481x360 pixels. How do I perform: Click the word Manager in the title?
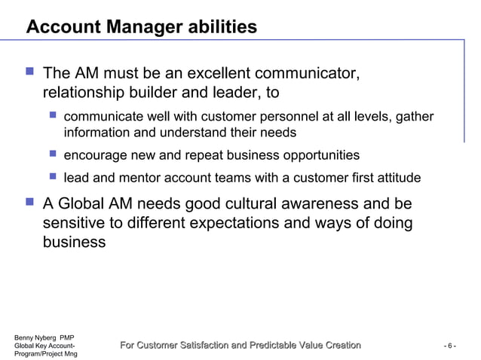(139, 28)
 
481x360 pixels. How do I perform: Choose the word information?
(98, 133)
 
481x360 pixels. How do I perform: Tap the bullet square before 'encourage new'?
(52, 154)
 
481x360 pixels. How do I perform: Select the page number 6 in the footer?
(449, 346)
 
